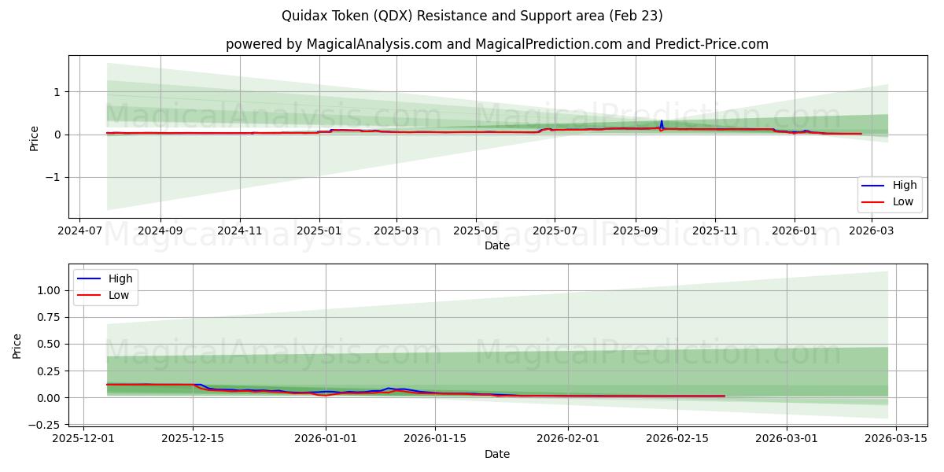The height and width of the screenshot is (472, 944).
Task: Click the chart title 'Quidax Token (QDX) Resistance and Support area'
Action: (472, 16)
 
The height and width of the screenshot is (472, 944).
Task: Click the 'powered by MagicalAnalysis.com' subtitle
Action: (497, 44)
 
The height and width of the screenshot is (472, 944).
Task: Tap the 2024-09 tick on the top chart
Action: (160, 231)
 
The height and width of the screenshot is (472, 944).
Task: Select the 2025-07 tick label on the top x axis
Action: (554, 231)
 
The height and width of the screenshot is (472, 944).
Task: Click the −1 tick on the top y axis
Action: (56, 177)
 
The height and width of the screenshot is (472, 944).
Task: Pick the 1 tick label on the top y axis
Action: (57, 92)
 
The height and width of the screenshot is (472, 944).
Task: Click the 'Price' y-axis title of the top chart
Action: (34, 138)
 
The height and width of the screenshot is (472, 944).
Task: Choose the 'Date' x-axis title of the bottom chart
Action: (497, 454)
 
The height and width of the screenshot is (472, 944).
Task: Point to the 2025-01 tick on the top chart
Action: (319, 231)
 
